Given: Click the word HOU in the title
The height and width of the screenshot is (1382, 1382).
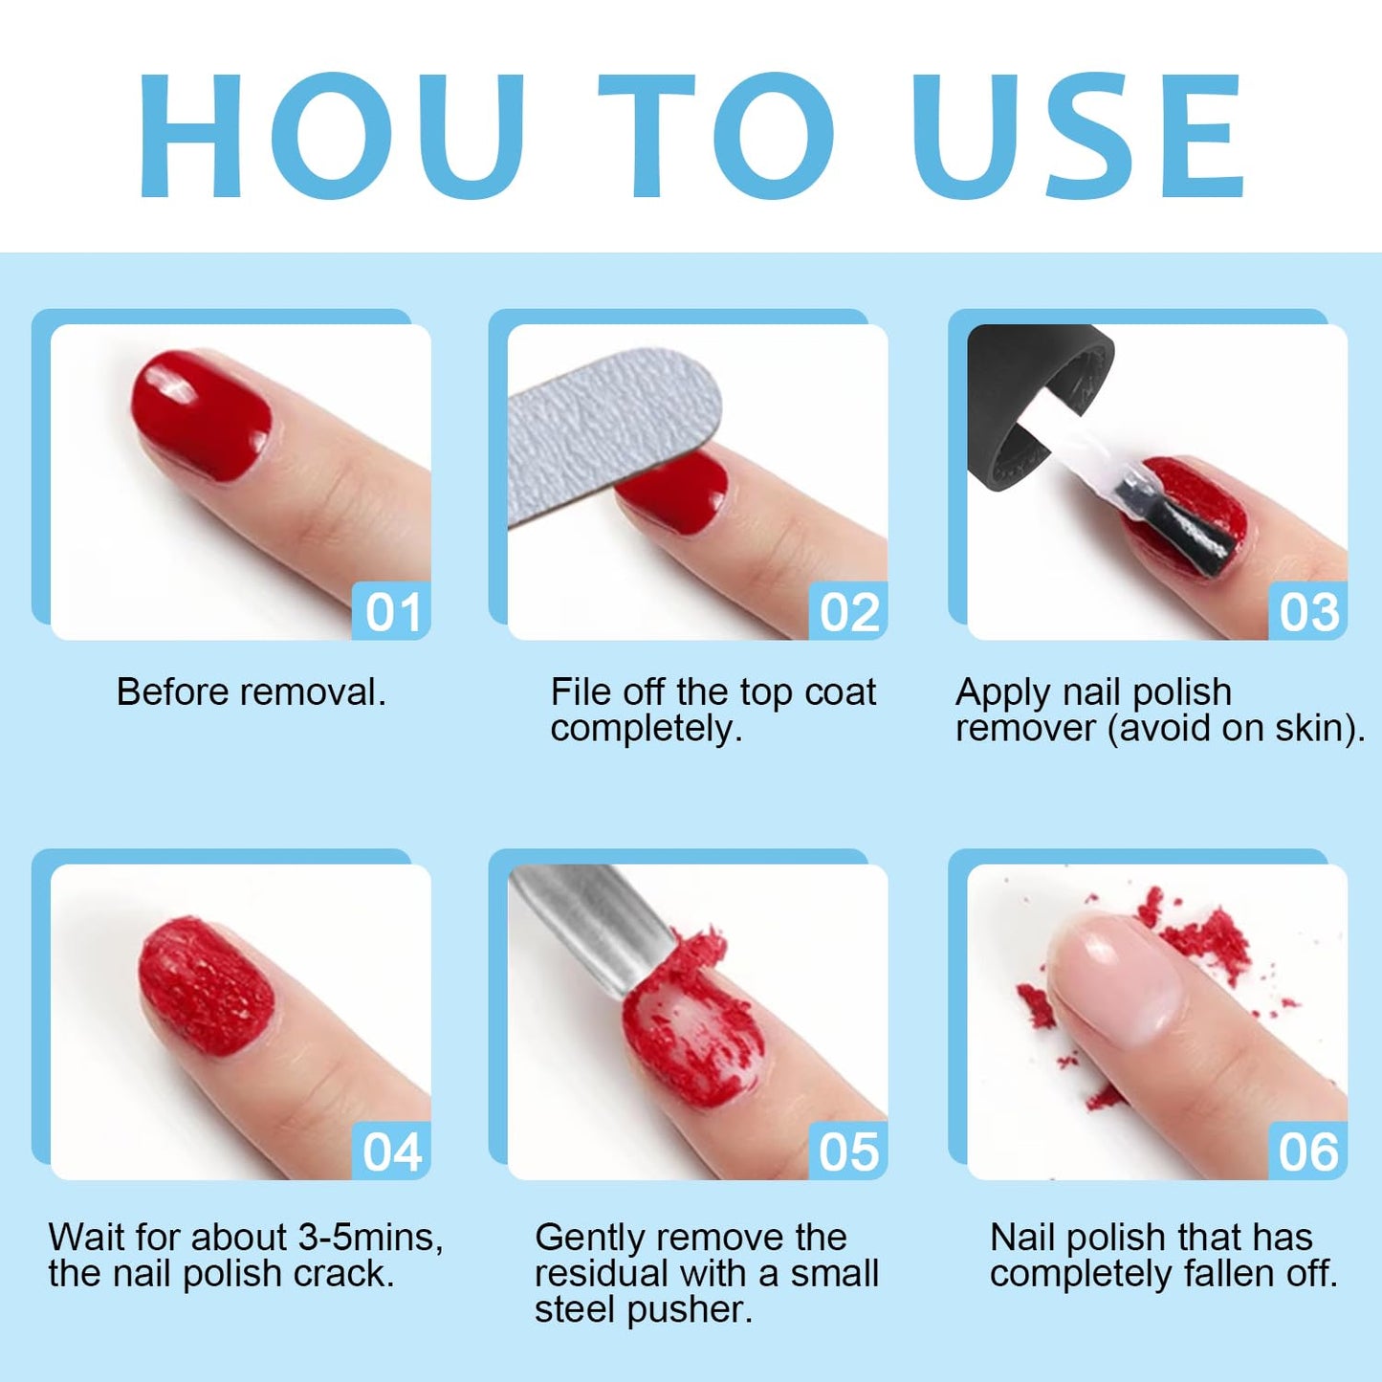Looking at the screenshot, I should (330, 136).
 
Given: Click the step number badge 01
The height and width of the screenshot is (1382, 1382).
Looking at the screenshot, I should (392, 612).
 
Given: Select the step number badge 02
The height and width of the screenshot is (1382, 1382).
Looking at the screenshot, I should (849, 612).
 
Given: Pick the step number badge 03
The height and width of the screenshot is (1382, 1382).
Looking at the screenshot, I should (1308, 612).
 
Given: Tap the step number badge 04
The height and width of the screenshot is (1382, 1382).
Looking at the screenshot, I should (392, 1152).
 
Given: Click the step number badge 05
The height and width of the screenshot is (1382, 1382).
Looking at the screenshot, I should (849, 1152).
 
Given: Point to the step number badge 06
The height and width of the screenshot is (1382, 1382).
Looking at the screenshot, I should (1308, 1152).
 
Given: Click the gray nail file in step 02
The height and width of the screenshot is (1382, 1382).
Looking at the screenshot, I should (603, 430).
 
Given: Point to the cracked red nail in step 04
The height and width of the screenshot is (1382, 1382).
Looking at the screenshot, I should (206, 985).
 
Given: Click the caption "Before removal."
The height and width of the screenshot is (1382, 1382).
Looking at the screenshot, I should (251, 692).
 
